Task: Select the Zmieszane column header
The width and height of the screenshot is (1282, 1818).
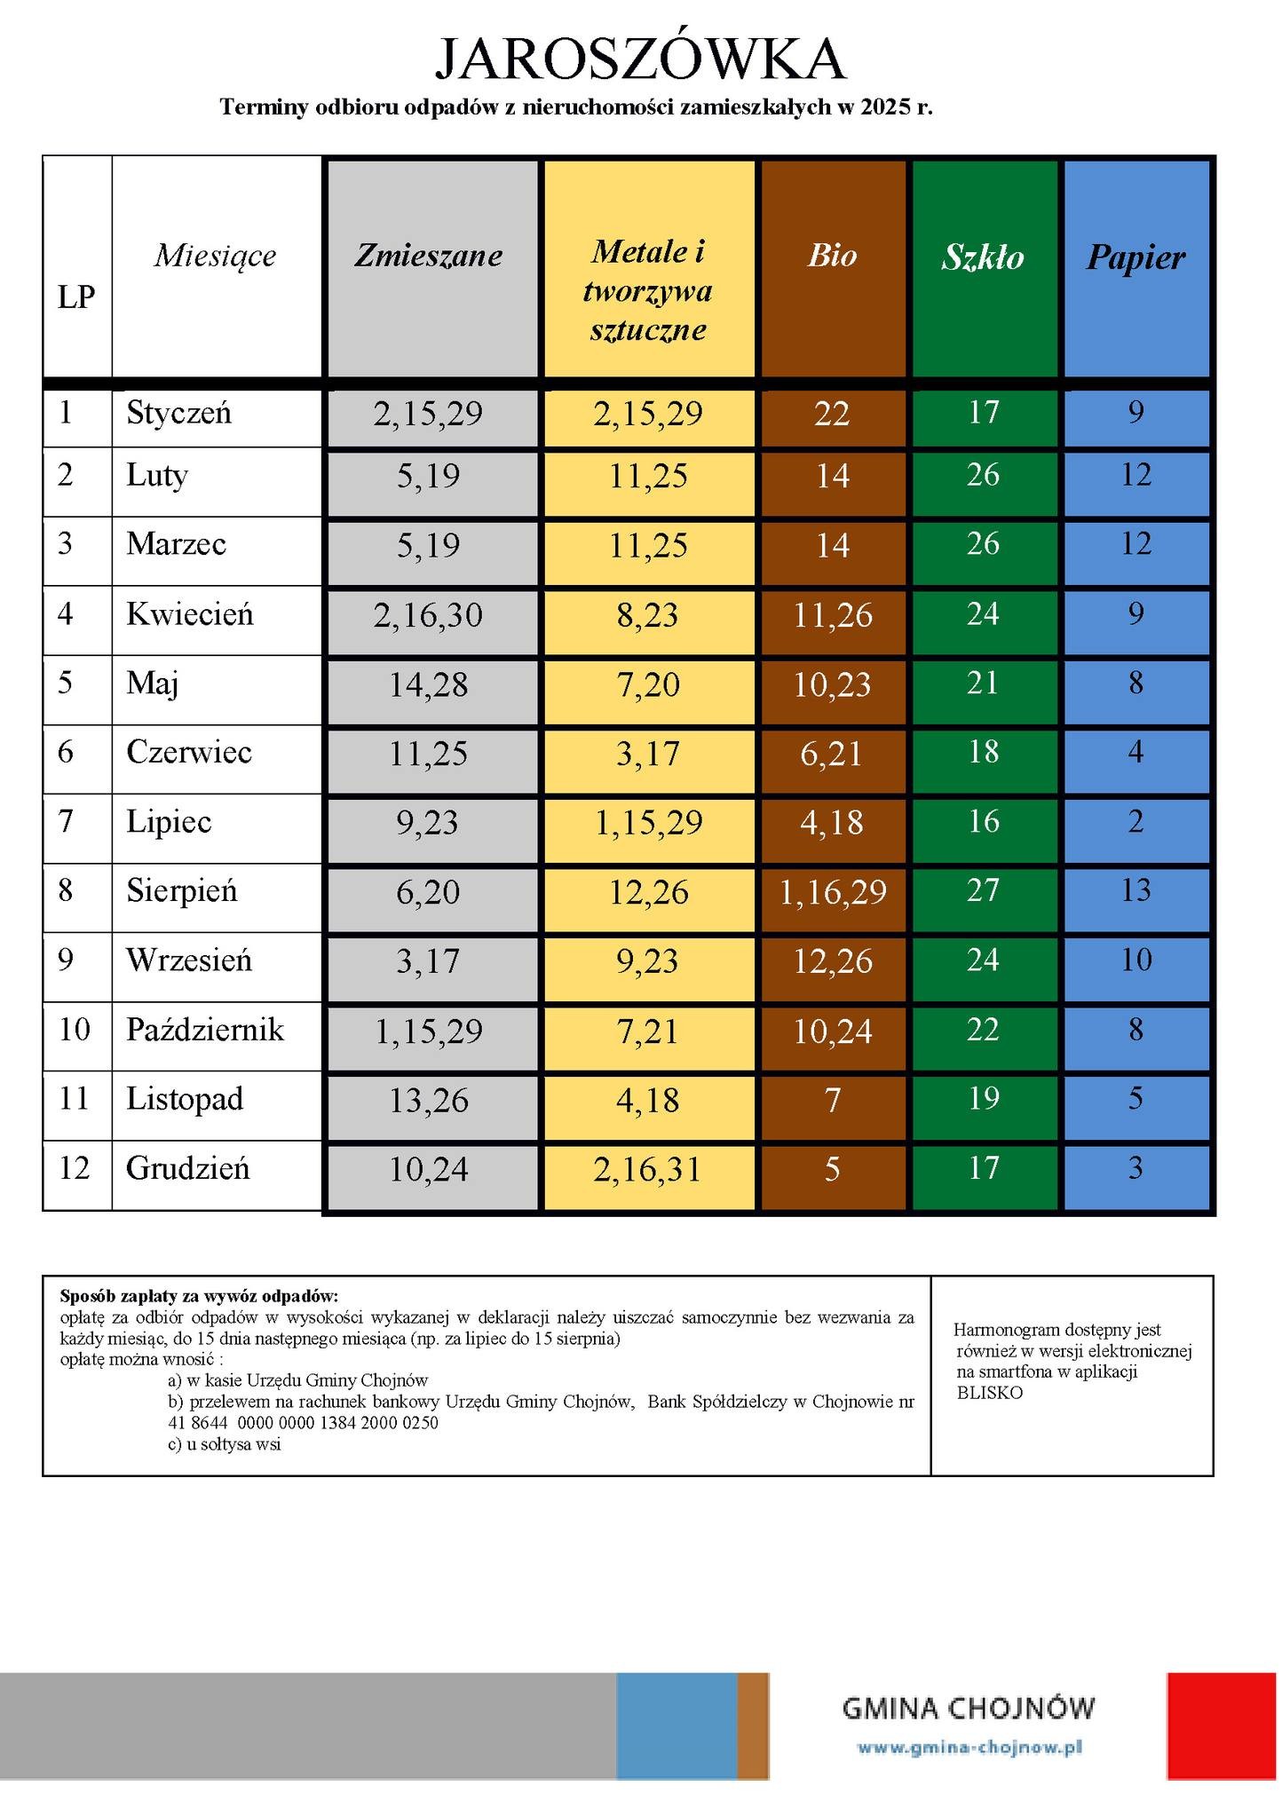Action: point(429,256)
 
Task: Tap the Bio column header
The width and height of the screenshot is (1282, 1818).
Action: point(832,256)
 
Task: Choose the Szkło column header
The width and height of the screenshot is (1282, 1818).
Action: point(983,257)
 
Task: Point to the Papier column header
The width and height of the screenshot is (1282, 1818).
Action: point(1136,257)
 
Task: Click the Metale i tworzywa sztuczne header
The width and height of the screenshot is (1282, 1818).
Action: point(648,290)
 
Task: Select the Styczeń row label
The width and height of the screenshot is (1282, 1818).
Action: point(178,413)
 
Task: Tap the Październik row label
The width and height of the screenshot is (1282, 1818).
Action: point(204,1030)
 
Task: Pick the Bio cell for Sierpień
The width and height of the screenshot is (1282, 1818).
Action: point(832,892)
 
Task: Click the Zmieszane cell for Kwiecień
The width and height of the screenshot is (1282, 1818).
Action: point(428,615)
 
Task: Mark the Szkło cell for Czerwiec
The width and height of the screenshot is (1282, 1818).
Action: point(983,753)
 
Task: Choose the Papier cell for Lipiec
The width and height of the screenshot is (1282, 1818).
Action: point(1136,822)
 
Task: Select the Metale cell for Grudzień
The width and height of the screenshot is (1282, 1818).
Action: point(647,1169)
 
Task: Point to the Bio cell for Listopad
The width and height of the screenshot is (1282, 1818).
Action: point(832,1101)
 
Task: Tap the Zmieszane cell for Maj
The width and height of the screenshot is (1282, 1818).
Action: point(428,684)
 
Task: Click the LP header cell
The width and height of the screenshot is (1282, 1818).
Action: point(76,296)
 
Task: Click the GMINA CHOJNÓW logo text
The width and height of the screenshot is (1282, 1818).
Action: point(968,1708)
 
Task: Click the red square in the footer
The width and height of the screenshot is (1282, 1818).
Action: point(1220,1726)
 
